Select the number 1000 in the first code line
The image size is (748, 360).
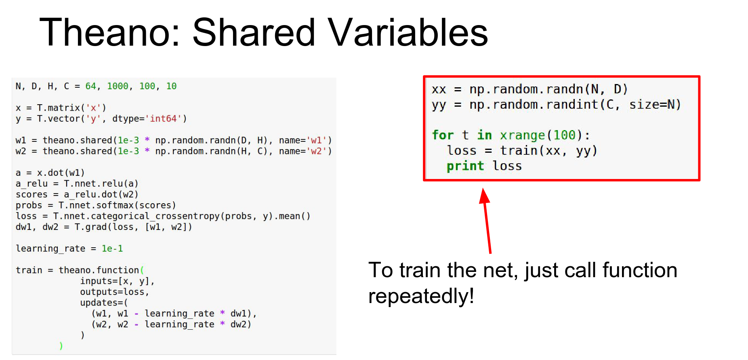pyautogui.click(x=118, y=86)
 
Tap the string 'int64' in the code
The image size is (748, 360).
pyautogui.click(x=164, y=119)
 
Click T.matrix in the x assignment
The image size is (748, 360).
pyautogui.click(x=59, y=108)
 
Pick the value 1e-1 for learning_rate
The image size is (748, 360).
pyautogui.click(x=112, y=248)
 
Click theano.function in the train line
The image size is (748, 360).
pyautogui.click(x=99, y=270)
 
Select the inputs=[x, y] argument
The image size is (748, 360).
pyautogui.click(x=117, y=281)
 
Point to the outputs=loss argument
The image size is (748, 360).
pyautogui.click(x=115, y=292)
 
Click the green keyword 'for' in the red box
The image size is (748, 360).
pyautogui.click(x=443, y=135)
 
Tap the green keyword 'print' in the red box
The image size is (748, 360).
pyautogui.click(x=465, y=166)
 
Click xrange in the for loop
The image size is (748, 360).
pyautogui.click(x=522, y=135)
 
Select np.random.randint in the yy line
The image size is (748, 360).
pyautogui.click(x=533, y=105)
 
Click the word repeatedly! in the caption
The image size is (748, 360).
pyautogui.click(x=421, y=296)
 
